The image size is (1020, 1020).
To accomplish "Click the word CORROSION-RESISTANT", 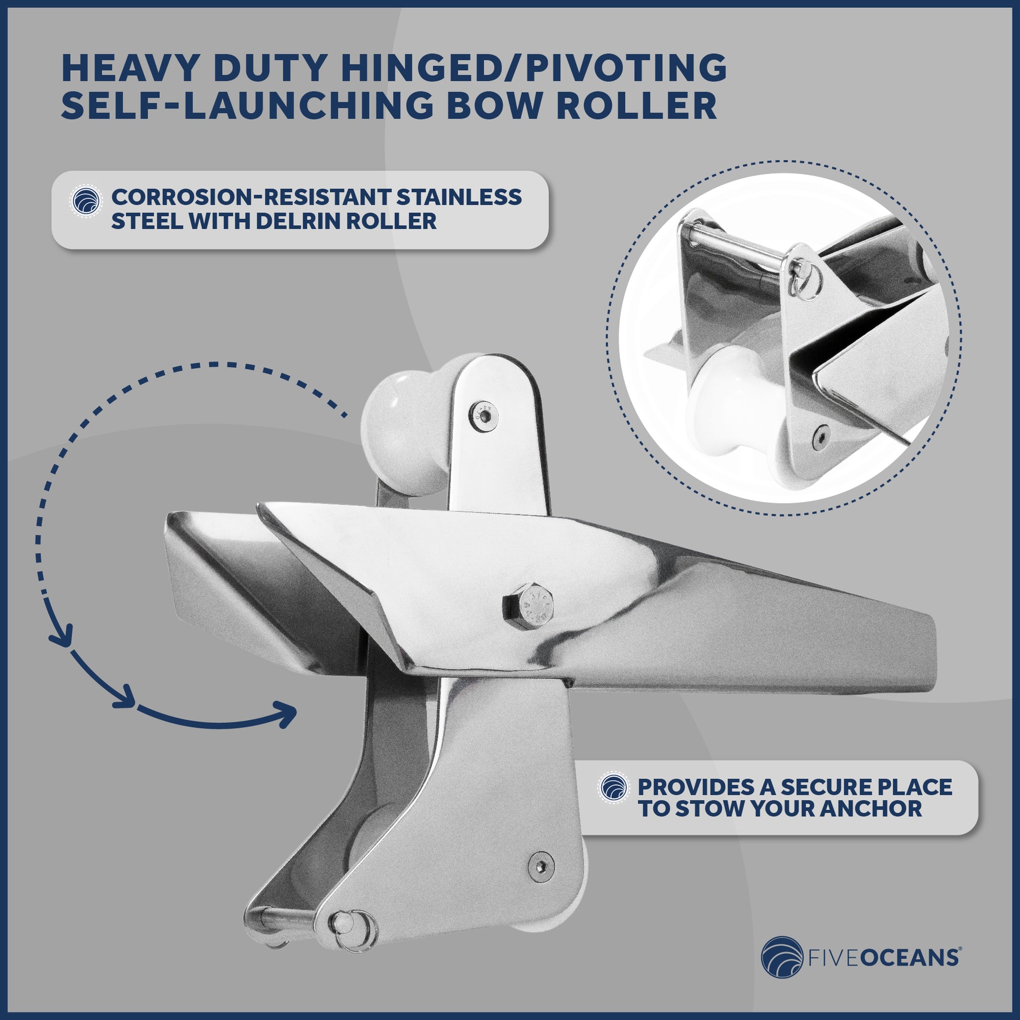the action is click(x=251, y=197).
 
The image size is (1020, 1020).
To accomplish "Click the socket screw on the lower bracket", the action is click(x=541, y=865).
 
